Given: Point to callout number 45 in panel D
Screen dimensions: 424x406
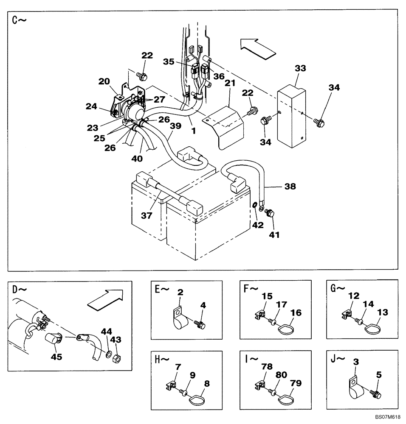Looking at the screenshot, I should point(56,357).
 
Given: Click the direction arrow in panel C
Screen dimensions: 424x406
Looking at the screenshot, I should point(258,46).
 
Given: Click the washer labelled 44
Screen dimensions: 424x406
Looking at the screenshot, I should point(109,354).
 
